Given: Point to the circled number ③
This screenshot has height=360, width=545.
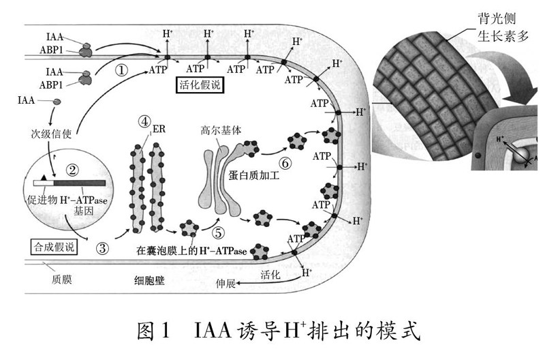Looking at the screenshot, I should pos(103,248).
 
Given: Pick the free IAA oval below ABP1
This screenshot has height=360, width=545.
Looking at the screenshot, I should pos(52,102).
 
